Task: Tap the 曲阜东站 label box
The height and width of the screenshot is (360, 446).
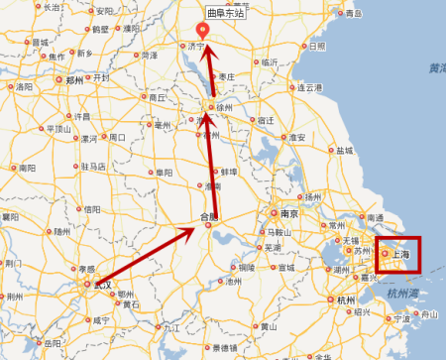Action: click(226, 15)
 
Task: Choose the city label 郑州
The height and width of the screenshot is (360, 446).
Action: click(75, 80)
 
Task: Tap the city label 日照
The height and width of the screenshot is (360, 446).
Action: click(317, 46)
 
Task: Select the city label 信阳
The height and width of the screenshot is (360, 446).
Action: click(92, 209)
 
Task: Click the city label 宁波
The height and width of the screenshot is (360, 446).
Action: click(400, 319)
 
